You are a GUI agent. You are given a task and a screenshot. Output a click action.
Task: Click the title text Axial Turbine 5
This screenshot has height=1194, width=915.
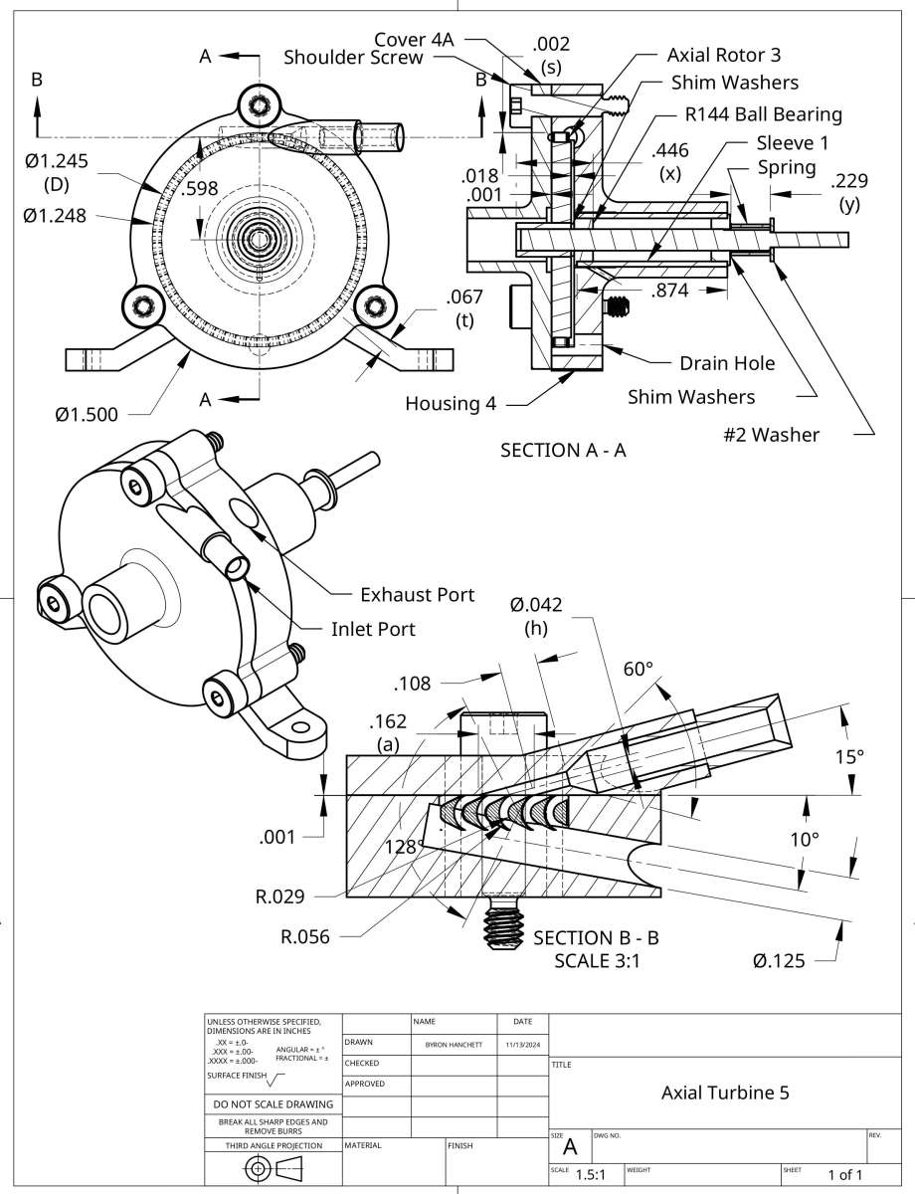[x=725, y=1093]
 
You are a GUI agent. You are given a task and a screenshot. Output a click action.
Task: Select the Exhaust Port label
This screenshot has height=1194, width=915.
[x=417, y=595]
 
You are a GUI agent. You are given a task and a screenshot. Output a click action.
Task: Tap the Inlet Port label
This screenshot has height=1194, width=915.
[x=373, y=629]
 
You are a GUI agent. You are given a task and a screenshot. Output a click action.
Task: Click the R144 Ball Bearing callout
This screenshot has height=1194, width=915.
[x=763, y=113]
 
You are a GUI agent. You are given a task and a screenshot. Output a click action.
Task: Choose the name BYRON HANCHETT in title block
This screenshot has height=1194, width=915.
[x=454, y=1046]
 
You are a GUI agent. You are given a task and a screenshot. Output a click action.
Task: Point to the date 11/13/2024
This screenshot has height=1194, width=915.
[x=521, y=1046]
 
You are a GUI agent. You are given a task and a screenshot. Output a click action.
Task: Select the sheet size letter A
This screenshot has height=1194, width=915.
[x=570, y=1146]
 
